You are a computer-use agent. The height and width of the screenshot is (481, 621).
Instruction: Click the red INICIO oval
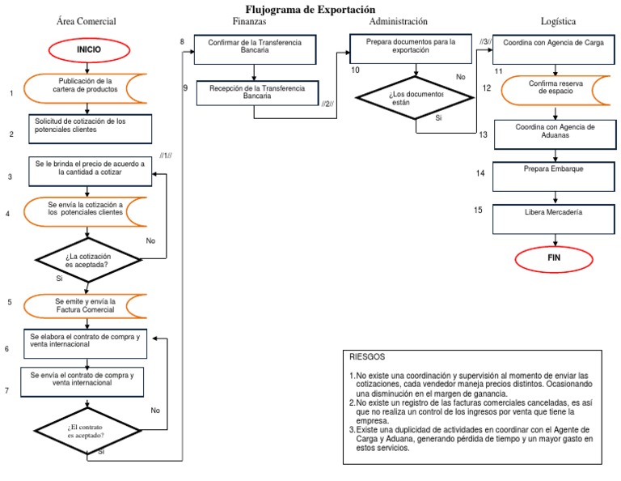(88, 49)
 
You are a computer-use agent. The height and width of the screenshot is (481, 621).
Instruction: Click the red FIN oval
(553, 258)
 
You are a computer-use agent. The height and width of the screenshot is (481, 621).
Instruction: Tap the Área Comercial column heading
(87, 21)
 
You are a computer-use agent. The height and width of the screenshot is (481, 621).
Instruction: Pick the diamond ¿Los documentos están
(416, 98)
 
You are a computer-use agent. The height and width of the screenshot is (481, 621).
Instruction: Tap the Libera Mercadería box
(554, 212)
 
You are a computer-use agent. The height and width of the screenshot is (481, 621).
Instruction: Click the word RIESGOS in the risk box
(368, 356)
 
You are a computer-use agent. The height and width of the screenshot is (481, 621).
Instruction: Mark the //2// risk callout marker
(327, 104)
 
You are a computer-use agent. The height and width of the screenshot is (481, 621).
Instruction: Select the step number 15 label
(479, 210)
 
